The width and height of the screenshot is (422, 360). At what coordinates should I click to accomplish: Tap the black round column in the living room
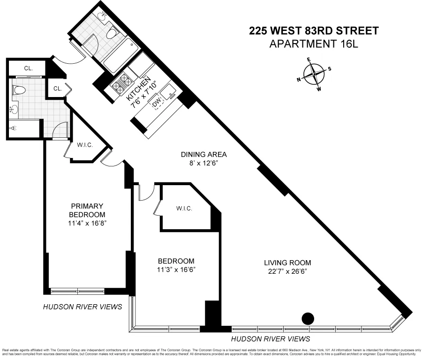pyautogui.click(x=308, y=319)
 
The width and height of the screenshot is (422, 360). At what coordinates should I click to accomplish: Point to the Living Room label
pyautogui.click(x=287, y=262)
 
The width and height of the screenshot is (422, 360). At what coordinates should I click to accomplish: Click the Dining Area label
pyautogui.click(x=204, y=154)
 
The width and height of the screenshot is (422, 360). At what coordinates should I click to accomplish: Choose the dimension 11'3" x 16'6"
pyautogui.click(x=176, y=270)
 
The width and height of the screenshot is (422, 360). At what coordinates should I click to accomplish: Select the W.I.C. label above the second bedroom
pyautogui.click(x=184, y=208)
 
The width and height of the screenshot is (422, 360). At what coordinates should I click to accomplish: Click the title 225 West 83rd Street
pyautogui.click(x=314, y=31)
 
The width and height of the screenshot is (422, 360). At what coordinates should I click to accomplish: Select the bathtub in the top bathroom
pyautogui.click(x=116, y=60)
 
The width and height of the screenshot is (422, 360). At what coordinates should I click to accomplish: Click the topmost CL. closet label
pyautogui.click(x=28, y=68)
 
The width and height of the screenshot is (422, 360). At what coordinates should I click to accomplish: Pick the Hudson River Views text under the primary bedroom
pyautogui.click(x=82, y=307)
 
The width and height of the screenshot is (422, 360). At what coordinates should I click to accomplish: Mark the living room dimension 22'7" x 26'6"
pyautogui.click(x=287, y=270)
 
